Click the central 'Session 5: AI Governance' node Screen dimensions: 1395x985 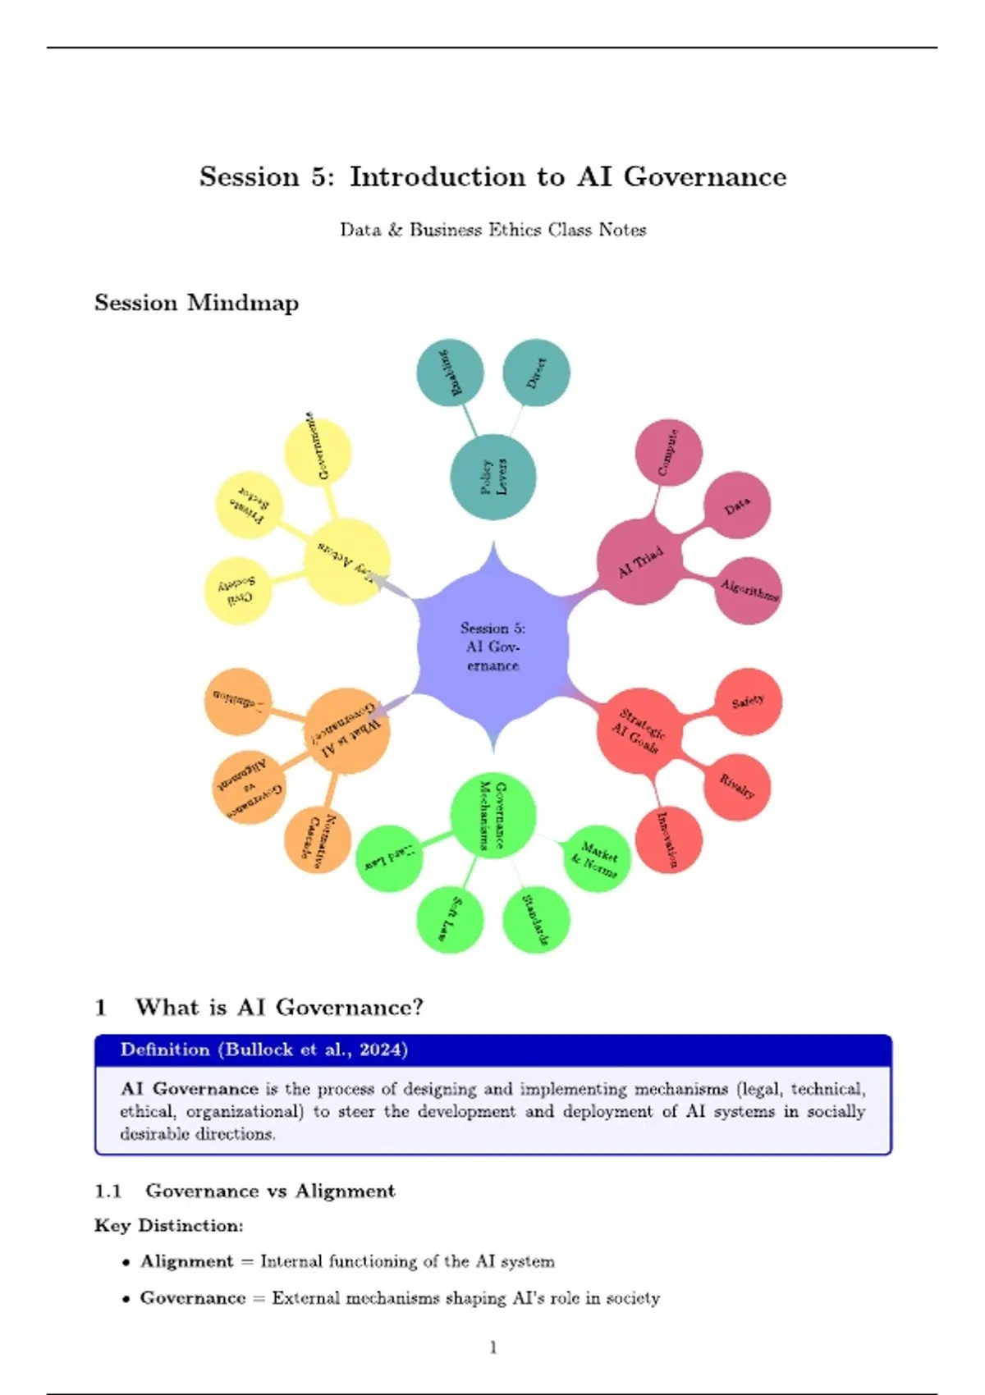pyautogui.click(x=492, y=647)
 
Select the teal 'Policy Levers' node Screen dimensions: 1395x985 pyautogui.click(x=492, y=477)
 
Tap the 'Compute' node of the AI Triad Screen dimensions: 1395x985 pyautogui.click(x=668, y=452)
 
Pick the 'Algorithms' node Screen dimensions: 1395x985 pyautogui.click(x=748, y=590)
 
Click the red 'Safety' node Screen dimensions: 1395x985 pyautogui.click(x=748, y=702)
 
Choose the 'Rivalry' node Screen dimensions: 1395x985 pyautogui.click(x=737, y=786)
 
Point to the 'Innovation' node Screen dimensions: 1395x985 pyautogui.click(x=668, y=839)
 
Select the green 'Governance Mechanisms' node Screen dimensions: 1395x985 pyautogui.click(x=492, y=815)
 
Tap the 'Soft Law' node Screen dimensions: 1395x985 pyautogui.click(x=450, y=919)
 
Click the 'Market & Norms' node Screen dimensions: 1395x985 pyautogui.click(x=597, y=858)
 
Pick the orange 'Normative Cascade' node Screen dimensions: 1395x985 pyautogui.click(x=318, y=839)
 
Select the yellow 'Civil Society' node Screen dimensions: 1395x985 pyautogui.click(x=237, y=590)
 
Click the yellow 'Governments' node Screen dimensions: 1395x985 pyautogui.click(x=318, y=452)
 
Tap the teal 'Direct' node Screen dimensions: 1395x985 pyautogui.click(x=536, y=373)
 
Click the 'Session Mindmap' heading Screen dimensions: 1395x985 pyautogui.click(x=196, y=303)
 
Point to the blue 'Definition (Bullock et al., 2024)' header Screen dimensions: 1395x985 pyautogui.click(x=264, y=1050)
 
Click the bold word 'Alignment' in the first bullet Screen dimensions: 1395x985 pyautogui.click(x=187, y=1261)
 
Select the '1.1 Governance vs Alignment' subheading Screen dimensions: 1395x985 pyautogui.click(x=245, y=1191)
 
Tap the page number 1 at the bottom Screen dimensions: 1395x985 pyautogui.click(x=492, y=1347)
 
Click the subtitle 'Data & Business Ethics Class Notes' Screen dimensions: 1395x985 pyautogui.click(x=492, y=230)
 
